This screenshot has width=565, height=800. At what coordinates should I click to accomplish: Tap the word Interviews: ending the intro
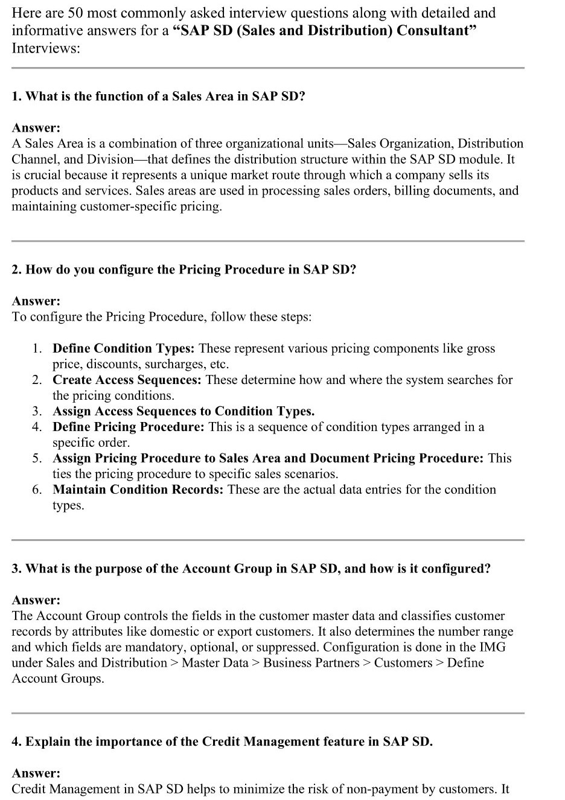coord(46,48)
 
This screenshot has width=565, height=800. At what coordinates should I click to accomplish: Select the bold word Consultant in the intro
coord(436,31)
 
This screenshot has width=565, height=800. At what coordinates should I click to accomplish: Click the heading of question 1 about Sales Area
coord(158,97)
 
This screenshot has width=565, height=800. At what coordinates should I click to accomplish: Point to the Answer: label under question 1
coord(36,128)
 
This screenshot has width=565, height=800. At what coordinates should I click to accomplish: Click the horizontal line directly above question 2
coord(267,241)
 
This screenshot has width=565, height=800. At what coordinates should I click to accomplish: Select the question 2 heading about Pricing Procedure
coord(184,270)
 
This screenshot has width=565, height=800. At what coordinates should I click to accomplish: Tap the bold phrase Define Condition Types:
coord(123,348)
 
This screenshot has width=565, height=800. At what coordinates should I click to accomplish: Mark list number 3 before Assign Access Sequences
coord(37,411)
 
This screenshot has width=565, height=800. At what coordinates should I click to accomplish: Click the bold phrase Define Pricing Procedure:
coord(129,427)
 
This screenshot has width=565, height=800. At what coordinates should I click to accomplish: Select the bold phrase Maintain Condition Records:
coord(138,490)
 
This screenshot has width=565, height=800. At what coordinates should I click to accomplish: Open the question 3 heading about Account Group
coord(251,569)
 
